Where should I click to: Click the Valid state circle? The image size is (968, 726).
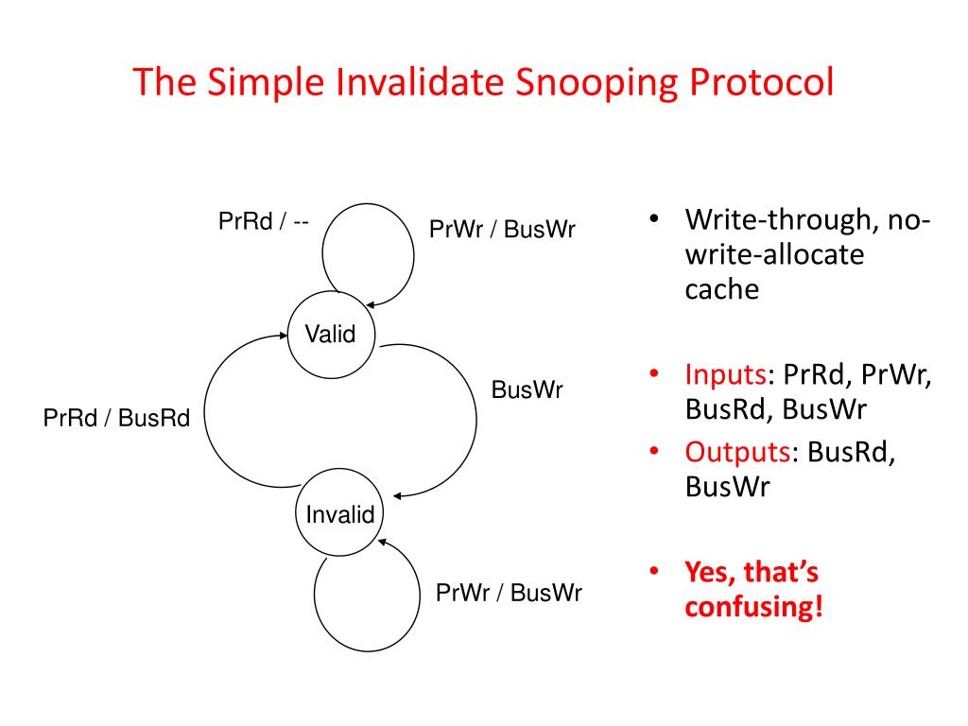(x=330, y=334)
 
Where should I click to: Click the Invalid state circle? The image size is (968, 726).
(x=340, y=515)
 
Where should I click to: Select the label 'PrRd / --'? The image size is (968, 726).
(x=264, y=223)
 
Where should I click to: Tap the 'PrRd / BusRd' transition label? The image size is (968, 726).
(x=117, y=418)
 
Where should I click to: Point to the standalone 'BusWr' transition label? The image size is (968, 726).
(x=527, y=390)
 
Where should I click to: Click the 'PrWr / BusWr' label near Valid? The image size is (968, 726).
(x=502, y=230)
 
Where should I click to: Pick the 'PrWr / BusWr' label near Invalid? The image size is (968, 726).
(x=509, y=594)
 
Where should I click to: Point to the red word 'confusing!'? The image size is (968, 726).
(x=753, y=606)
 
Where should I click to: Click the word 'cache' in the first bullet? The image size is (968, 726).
(x=722, y=289)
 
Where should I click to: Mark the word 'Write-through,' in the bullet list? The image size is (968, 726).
(x=789, y=221)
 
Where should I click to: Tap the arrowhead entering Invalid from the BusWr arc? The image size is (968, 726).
(x=398, y=496)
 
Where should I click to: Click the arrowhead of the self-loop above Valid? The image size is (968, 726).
(x=371, y=304)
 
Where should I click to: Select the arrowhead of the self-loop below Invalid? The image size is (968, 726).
(x=381, y=541)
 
